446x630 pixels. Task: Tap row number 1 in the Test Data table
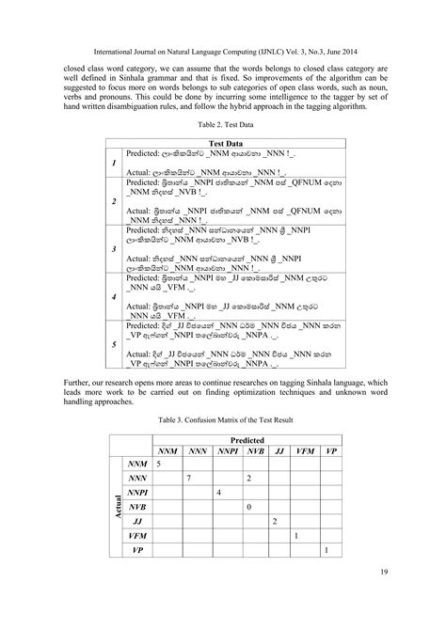click(x=114, y=163)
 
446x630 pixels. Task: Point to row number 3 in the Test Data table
click(x=114, y=248)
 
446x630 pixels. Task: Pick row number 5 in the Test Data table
click(x=114, y=343)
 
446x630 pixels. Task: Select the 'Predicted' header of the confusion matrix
click(x=247, y=438)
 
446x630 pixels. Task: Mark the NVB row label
click(x=137, y=506)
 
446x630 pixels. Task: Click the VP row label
click(x=137, y=549)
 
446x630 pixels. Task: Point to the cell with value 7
click(x=189, y=479)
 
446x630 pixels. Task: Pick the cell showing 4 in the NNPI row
click(x=218, y=493)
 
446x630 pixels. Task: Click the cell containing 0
click(x=247, y=507)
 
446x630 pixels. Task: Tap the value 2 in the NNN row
click(x=247, y=479)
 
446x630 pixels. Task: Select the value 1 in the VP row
click(x=325, y=549)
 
